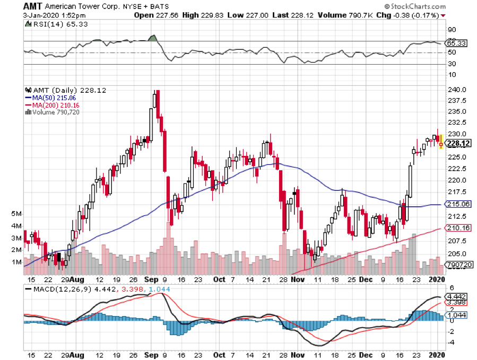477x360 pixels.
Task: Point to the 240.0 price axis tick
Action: (458, 90)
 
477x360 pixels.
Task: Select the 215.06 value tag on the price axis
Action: (458, 204)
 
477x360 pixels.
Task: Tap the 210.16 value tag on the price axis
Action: (458, 228)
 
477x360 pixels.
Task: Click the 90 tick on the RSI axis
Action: (453, 30)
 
